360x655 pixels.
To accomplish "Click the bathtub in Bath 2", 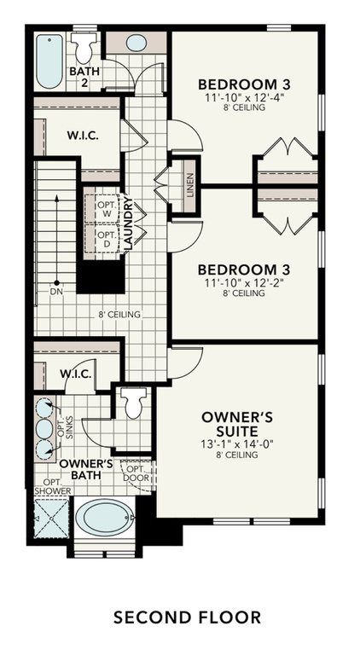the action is point(49,61).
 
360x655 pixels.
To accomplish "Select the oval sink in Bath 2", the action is point(136,43).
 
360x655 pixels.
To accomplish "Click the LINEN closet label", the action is point(190,185).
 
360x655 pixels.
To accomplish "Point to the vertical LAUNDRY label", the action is point(129,223).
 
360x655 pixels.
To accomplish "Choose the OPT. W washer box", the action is point(102,208).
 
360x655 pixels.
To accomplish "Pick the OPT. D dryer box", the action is point(102,239).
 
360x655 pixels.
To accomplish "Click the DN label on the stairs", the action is point(56,292).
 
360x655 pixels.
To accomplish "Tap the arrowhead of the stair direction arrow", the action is point(56,198).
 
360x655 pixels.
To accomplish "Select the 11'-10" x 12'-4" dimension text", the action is point(244,99).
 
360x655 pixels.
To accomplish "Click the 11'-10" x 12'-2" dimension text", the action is point(244,283).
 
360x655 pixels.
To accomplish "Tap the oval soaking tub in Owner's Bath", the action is point(105,518).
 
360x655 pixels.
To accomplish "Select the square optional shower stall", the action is point(51,519).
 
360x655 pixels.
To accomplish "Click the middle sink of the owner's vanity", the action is point(44,429).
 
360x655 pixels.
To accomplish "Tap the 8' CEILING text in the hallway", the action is point(119,315).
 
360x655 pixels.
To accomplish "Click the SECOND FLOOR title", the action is point(188,617).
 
